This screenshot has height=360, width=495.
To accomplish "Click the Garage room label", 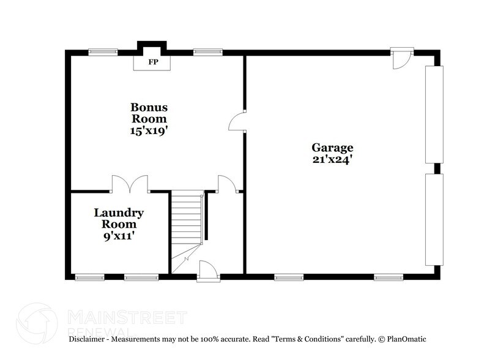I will [333, 148].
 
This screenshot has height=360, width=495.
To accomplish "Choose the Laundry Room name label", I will [119, 219].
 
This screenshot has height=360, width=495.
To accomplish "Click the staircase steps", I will [187, 217].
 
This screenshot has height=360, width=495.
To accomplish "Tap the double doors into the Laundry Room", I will [130, 184].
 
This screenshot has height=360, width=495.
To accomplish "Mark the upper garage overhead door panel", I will [434, 114].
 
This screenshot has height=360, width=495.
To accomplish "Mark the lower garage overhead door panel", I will [434, 219].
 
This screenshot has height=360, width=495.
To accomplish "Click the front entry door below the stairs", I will [207, 270].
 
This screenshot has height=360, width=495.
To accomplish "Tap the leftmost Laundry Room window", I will [89, 277].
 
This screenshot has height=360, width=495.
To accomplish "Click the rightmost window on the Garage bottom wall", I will [389, 277].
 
